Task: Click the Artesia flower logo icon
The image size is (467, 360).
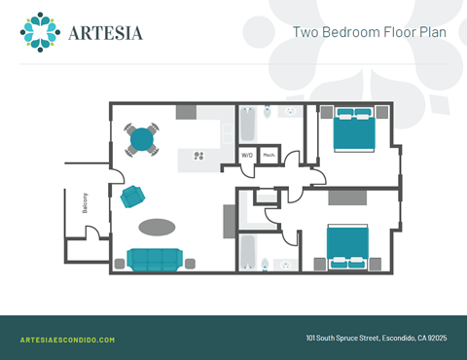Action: tap(40, 31)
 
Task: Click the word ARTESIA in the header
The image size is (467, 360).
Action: tap(106, 33)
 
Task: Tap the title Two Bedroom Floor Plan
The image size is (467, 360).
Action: tap(370, 31)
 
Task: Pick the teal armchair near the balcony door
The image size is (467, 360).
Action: tap(132, 196)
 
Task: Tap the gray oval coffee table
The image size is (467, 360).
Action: tap(157, 228)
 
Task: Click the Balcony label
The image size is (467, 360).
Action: tap(86, 201)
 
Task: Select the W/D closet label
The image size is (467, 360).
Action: tap(247, 156)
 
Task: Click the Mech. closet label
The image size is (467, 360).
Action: tap(269, 156)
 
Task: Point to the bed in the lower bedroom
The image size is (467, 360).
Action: tap(347, 245)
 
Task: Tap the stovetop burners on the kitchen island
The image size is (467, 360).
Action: tap(199, 155)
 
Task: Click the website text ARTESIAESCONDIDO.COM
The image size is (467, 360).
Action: tap(67, 340)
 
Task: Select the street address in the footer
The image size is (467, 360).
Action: tap(376, 339)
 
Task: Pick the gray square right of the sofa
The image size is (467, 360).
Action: tap(190, 262)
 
